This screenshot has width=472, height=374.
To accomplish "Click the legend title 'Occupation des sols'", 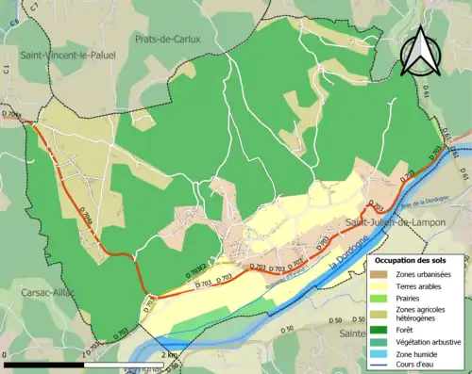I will tap(416, 259).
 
